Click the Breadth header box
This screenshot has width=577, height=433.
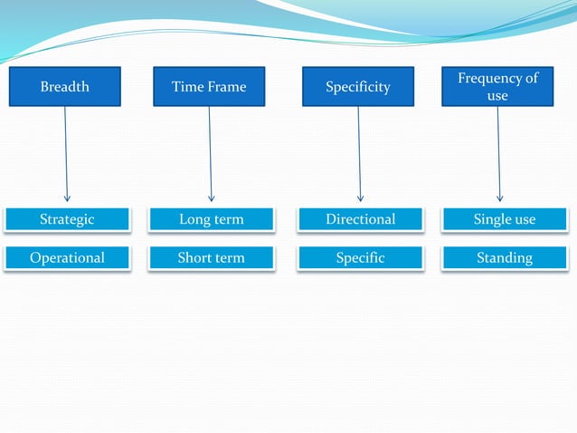click(x=65, y=87)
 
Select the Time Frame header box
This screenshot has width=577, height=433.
click(x=209, y=87)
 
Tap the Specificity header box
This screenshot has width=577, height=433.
click(x=358, y=87)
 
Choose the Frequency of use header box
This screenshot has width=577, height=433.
click(x=497, y=87)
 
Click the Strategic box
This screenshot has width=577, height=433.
click(x=67, y=219)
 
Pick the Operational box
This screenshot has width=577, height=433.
click(x=67, y=258)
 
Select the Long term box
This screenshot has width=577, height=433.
click(x=212, y=219)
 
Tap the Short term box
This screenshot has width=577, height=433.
click(x=212, y=258)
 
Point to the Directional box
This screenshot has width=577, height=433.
click(x=361, y=219)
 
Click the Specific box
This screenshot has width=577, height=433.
click(x=361, y=258)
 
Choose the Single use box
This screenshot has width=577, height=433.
click(x=505, y=219)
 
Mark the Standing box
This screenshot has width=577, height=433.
click(x=505, y=258)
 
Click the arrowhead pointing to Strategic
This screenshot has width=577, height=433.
click(x=67, y=197)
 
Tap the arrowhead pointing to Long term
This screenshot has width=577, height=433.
click(x=212, y=197)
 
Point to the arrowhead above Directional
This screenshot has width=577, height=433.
click(x=361, y=197)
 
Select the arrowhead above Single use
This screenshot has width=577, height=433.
click(x=500, y=197)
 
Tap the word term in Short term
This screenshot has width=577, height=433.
click(x=229, y=258)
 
